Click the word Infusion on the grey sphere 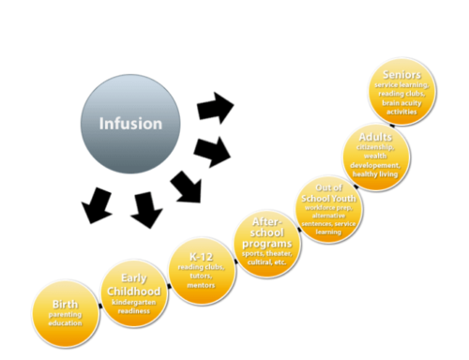click(131, 123)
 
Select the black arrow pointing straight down click(146, 208)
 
